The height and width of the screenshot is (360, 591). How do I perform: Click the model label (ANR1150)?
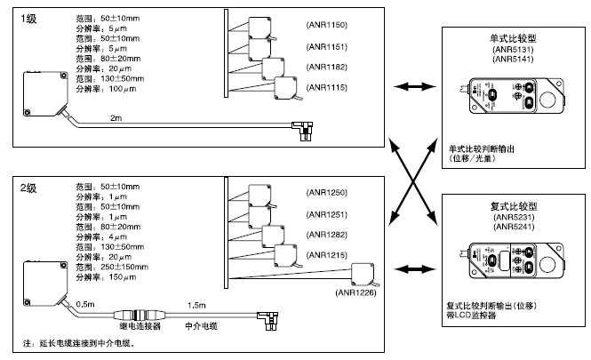tap(327, 26)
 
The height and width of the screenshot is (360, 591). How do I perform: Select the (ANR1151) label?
tap(327, 46)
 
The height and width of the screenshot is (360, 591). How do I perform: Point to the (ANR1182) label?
tap(327, 67)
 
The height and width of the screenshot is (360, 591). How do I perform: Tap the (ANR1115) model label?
tap(327, 86)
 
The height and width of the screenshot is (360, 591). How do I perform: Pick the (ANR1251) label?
tap(327, 214)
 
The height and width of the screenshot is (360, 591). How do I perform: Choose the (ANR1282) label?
tap(327, 235)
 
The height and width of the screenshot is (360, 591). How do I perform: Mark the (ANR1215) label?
tap(327, 256)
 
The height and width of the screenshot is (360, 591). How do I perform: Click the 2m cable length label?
tap(116, 117)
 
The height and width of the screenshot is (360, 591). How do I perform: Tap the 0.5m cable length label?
tap(85, 304)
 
